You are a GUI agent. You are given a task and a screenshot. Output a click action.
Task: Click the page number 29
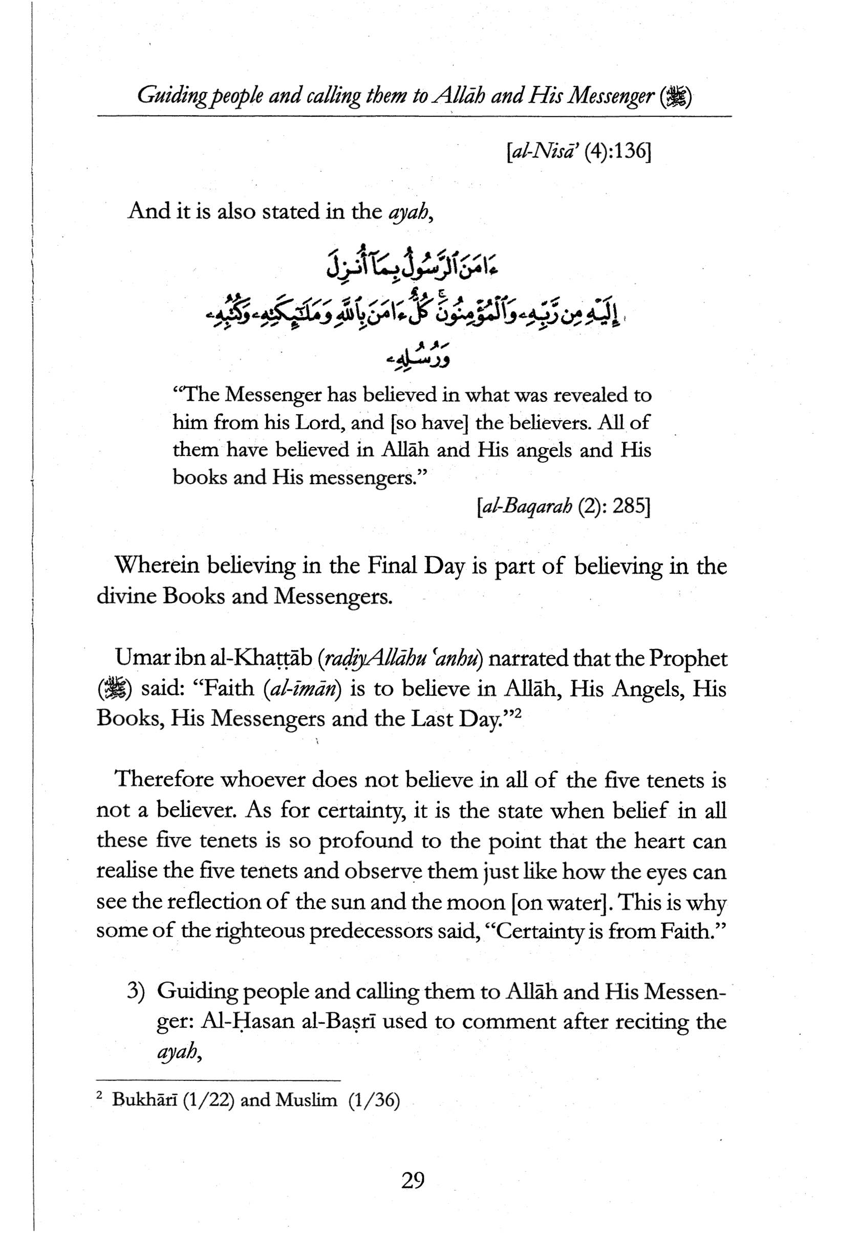(413, 1181)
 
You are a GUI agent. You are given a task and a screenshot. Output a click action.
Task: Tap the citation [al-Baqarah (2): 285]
(564, 506)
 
